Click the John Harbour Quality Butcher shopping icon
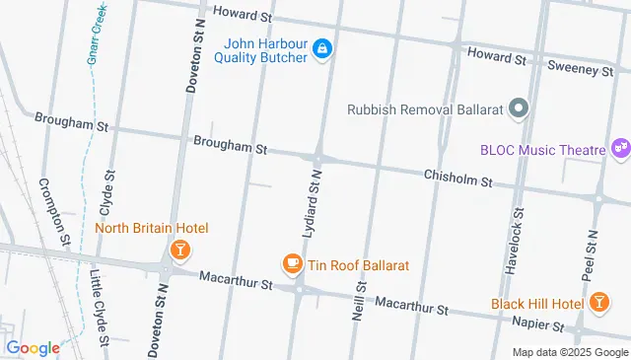(321, 48)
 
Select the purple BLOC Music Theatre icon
(620, 150)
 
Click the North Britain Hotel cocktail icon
(178, 251)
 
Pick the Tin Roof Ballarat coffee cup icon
(292, 264)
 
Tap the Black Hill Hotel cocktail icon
(597, 303)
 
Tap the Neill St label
(358, 301)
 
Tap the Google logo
(33, 347)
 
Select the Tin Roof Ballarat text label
(359, 265)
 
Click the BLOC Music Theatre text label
(542, 150)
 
